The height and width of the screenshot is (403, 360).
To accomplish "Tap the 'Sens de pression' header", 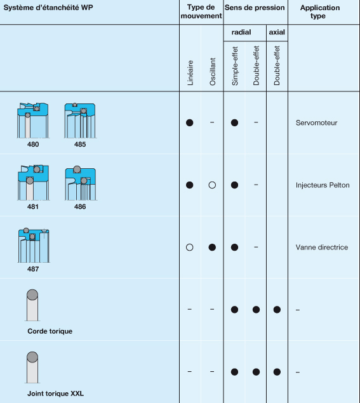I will coord(255,8).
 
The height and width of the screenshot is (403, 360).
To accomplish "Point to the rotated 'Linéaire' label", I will coord(190,73).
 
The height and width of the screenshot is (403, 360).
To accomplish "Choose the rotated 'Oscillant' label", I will coord(213,71).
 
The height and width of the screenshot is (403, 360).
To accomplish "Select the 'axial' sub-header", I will coord(277,32).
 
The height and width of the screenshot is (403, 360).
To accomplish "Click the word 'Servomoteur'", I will coord(316,122).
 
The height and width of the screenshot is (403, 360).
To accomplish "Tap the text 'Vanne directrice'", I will coord(322,248).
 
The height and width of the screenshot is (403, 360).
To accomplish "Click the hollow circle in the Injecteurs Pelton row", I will coord(213,185).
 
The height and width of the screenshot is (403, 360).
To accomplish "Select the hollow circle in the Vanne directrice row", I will coord(189,248).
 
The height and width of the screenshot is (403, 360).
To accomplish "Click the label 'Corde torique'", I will coord(50,331).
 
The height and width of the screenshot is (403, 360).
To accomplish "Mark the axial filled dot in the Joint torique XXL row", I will coord(277,372).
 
